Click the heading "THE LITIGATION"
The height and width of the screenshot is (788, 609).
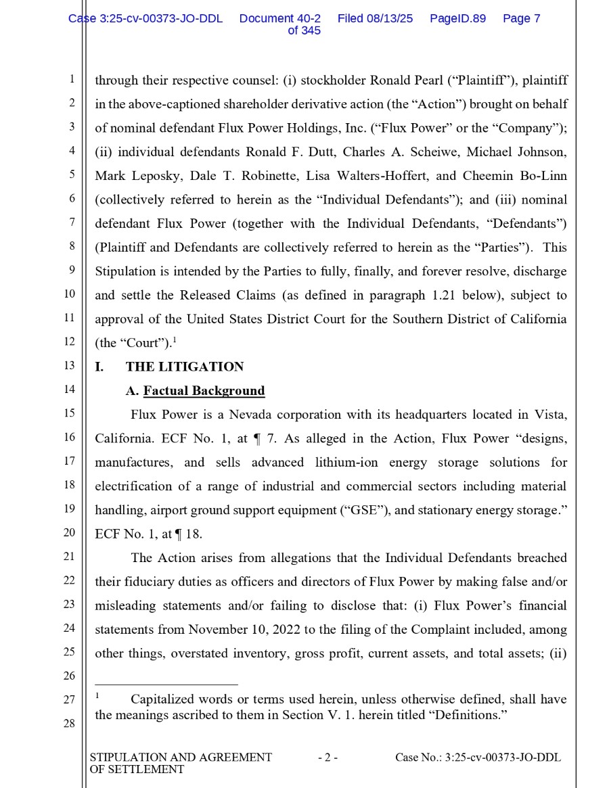184,367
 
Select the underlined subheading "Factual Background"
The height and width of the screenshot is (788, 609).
204,391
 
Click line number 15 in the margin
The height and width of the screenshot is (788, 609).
69,413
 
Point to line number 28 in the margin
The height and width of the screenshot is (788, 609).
69,724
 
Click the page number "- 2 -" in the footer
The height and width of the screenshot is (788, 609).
328,758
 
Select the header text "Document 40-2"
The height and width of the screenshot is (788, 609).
279,19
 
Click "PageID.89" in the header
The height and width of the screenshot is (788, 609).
457,19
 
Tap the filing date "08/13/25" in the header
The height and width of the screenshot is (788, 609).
390,19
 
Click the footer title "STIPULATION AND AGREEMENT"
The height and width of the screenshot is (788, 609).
181,758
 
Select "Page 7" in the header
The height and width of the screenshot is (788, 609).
521,19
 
